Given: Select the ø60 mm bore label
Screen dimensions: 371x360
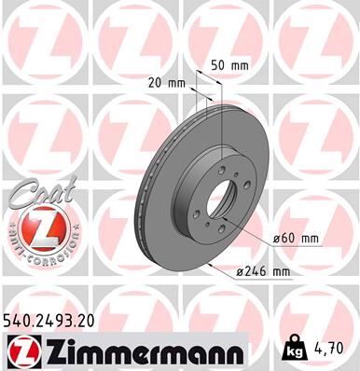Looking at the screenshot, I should point(298,239).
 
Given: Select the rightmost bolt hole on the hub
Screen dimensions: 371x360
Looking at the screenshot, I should point(245,186).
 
